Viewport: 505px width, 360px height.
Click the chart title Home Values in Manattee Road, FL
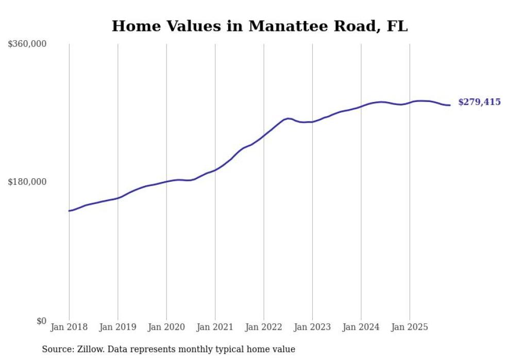point(259,26)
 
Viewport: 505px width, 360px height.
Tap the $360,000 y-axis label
point(27,44)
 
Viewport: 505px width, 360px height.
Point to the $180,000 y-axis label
point(27,182)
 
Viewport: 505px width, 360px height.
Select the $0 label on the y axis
point(42,321)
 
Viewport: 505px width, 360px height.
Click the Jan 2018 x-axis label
point(69,327)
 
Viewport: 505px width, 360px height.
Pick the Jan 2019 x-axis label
point(117,327)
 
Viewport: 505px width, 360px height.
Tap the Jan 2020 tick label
point(166,327)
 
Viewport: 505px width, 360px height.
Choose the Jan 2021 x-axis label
point(215,327)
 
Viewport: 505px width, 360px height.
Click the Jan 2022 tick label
point(264,327)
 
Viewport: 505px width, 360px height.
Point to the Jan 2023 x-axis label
point(312,327)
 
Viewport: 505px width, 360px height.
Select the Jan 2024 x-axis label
point(361,327)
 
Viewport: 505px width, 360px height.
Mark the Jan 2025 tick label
point(410,327)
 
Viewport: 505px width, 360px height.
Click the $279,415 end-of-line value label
point(479,102)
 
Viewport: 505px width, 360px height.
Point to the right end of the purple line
point(450,105)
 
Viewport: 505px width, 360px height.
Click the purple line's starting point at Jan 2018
point(69,211)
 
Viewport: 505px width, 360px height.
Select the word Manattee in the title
point(286,26)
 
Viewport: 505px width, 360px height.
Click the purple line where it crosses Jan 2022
point(264,135)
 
